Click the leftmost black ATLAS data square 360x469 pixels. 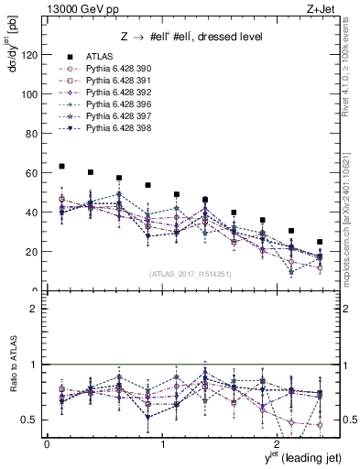pos(61,167)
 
